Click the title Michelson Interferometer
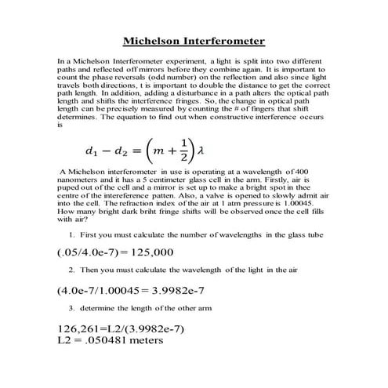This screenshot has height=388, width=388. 194,40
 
